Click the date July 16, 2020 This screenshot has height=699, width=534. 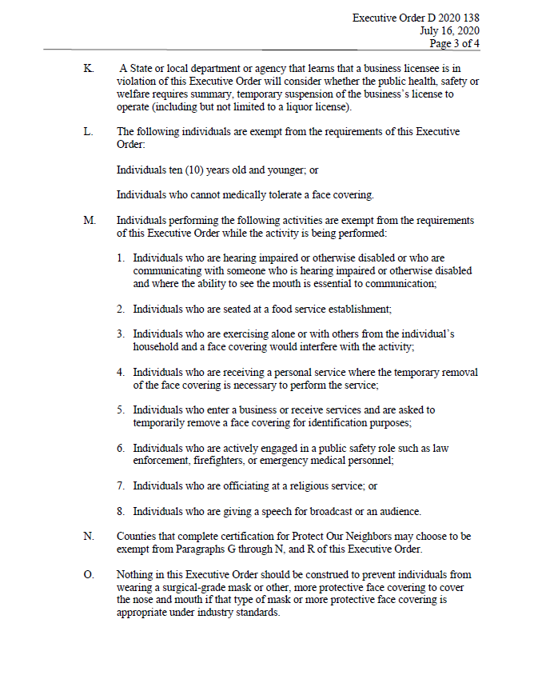[450, 30]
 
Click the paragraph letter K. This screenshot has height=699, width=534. [87, 69]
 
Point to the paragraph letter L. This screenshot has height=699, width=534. [87, 132]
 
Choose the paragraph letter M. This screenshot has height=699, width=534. [89, 220]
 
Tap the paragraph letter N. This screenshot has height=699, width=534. [88, 536]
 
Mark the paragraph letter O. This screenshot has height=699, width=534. [88, 574]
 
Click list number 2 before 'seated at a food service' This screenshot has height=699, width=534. [120, 308]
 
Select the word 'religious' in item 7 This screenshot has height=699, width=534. [298, 485]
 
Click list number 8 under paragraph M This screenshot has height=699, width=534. [120, 511]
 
